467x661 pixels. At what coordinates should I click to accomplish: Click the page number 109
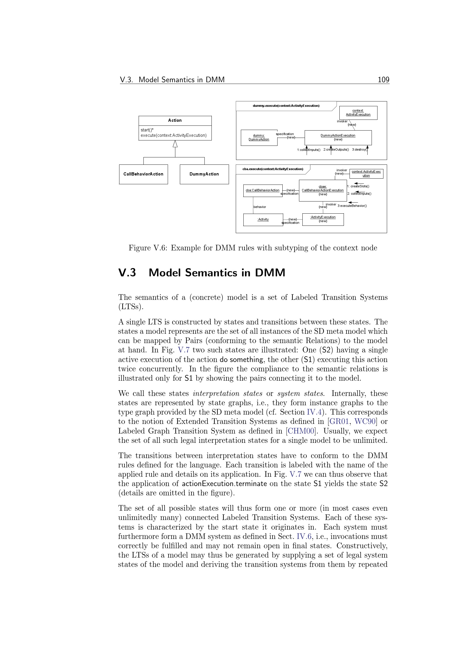tap(383, 80)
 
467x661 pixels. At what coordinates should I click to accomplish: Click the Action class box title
tap(175, 120)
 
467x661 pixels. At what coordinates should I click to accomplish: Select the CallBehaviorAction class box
tap(143, 174)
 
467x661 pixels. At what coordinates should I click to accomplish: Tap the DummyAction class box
tap(204, 174)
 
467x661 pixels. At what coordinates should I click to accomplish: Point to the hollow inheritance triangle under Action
tap(175, 144)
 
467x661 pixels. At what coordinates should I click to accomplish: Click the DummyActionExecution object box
tap(338, 137)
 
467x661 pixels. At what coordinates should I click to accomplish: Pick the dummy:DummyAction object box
tap(259, 138)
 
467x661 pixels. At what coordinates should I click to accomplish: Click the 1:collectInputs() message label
tap(309, 150)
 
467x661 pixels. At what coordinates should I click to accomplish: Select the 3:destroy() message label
tap(360, 150)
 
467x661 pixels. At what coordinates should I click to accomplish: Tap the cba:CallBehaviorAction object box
tap(263, 190)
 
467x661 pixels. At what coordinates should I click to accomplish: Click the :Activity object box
tap(263, 220)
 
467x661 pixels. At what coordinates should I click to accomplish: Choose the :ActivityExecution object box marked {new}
tap(323, 219)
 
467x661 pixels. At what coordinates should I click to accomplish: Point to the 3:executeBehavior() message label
tap(352, 206)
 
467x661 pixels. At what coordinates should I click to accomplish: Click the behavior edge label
tap(260, 207)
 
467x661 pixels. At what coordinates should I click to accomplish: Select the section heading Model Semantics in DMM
tap(217, 273)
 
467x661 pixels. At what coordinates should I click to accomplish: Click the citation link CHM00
tap(301, 431)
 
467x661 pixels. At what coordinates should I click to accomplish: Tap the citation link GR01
tap(339, 421)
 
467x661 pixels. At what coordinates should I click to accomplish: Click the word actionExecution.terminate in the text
tap(224, 484)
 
